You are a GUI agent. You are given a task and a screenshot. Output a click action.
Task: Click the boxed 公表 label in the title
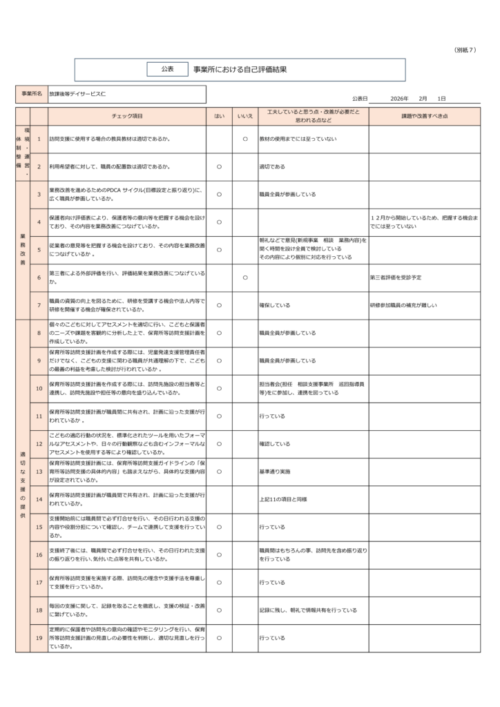pos(168,69)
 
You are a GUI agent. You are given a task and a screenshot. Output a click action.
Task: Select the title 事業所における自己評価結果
pos(240,69)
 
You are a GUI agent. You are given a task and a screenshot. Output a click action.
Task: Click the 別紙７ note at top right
pos(466,50)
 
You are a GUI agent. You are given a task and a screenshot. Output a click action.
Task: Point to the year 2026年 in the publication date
pos(399,99)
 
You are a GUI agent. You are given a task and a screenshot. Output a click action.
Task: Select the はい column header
pos(219,115)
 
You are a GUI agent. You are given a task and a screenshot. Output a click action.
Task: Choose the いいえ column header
pos(245,115)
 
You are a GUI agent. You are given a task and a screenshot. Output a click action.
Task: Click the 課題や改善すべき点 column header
pos(424,115)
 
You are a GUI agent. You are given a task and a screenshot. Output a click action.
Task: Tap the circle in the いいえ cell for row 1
pos(245,139)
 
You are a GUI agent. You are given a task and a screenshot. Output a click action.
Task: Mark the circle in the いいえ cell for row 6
pos(245,278)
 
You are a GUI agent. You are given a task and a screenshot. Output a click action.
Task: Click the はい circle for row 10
pos(219,389)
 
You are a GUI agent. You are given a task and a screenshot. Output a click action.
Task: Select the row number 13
pos(39,472)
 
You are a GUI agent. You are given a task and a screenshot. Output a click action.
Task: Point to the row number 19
pos(39,638)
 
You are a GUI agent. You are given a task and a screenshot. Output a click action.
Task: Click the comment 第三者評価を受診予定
pos(396,278)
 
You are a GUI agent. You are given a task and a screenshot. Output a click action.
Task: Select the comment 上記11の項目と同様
pos(283,499)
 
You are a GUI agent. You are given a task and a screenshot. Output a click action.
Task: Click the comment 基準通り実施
pos(275,472)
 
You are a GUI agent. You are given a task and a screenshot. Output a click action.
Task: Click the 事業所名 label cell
pos(31,93)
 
